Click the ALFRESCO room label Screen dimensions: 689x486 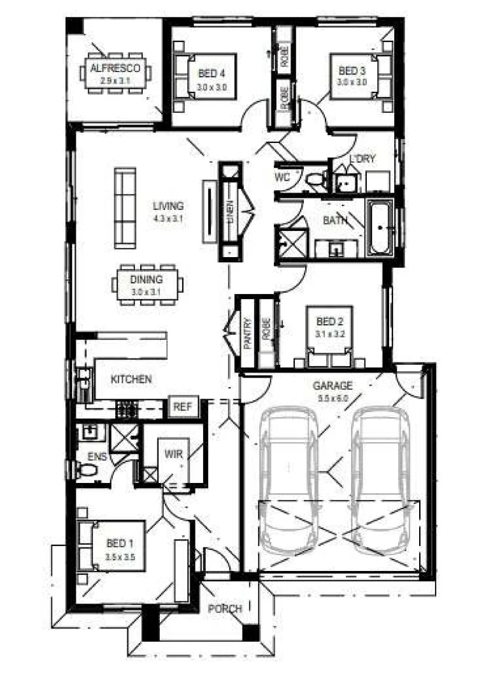click(x=116, y=68)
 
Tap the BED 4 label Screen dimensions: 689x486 click(x=211, y=72)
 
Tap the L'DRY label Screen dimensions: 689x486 click(x=362, y=159)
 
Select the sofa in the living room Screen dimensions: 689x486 click(x=125, y=207)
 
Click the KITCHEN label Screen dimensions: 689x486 click(x=131, y=380)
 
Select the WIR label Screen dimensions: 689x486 click(x=173, y=454)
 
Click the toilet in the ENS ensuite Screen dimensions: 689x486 click(x=85, y=471)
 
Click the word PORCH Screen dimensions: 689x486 click(x=225, y=609)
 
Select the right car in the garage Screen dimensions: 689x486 click(x=380, y=472)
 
